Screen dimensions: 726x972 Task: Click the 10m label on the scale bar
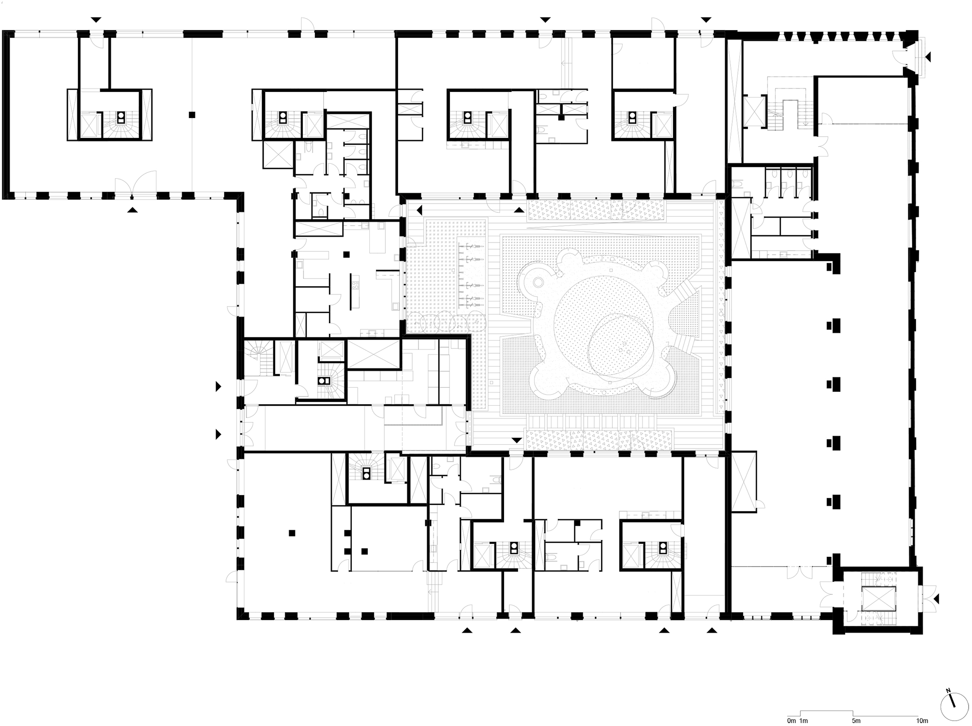[x=922, y=720]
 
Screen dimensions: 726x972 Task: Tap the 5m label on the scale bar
[x=856, y=720]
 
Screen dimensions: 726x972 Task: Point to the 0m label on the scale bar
[x=792, y=720]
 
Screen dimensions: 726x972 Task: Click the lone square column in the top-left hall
[x=192, y=115]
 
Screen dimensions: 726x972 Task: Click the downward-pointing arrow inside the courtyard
[x=517, y=440]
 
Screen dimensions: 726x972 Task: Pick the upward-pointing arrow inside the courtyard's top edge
[x=519, y=210]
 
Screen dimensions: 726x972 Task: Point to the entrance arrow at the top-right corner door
[x=927, y=57]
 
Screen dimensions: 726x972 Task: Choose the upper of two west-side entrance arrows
[x=219, y=387]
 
